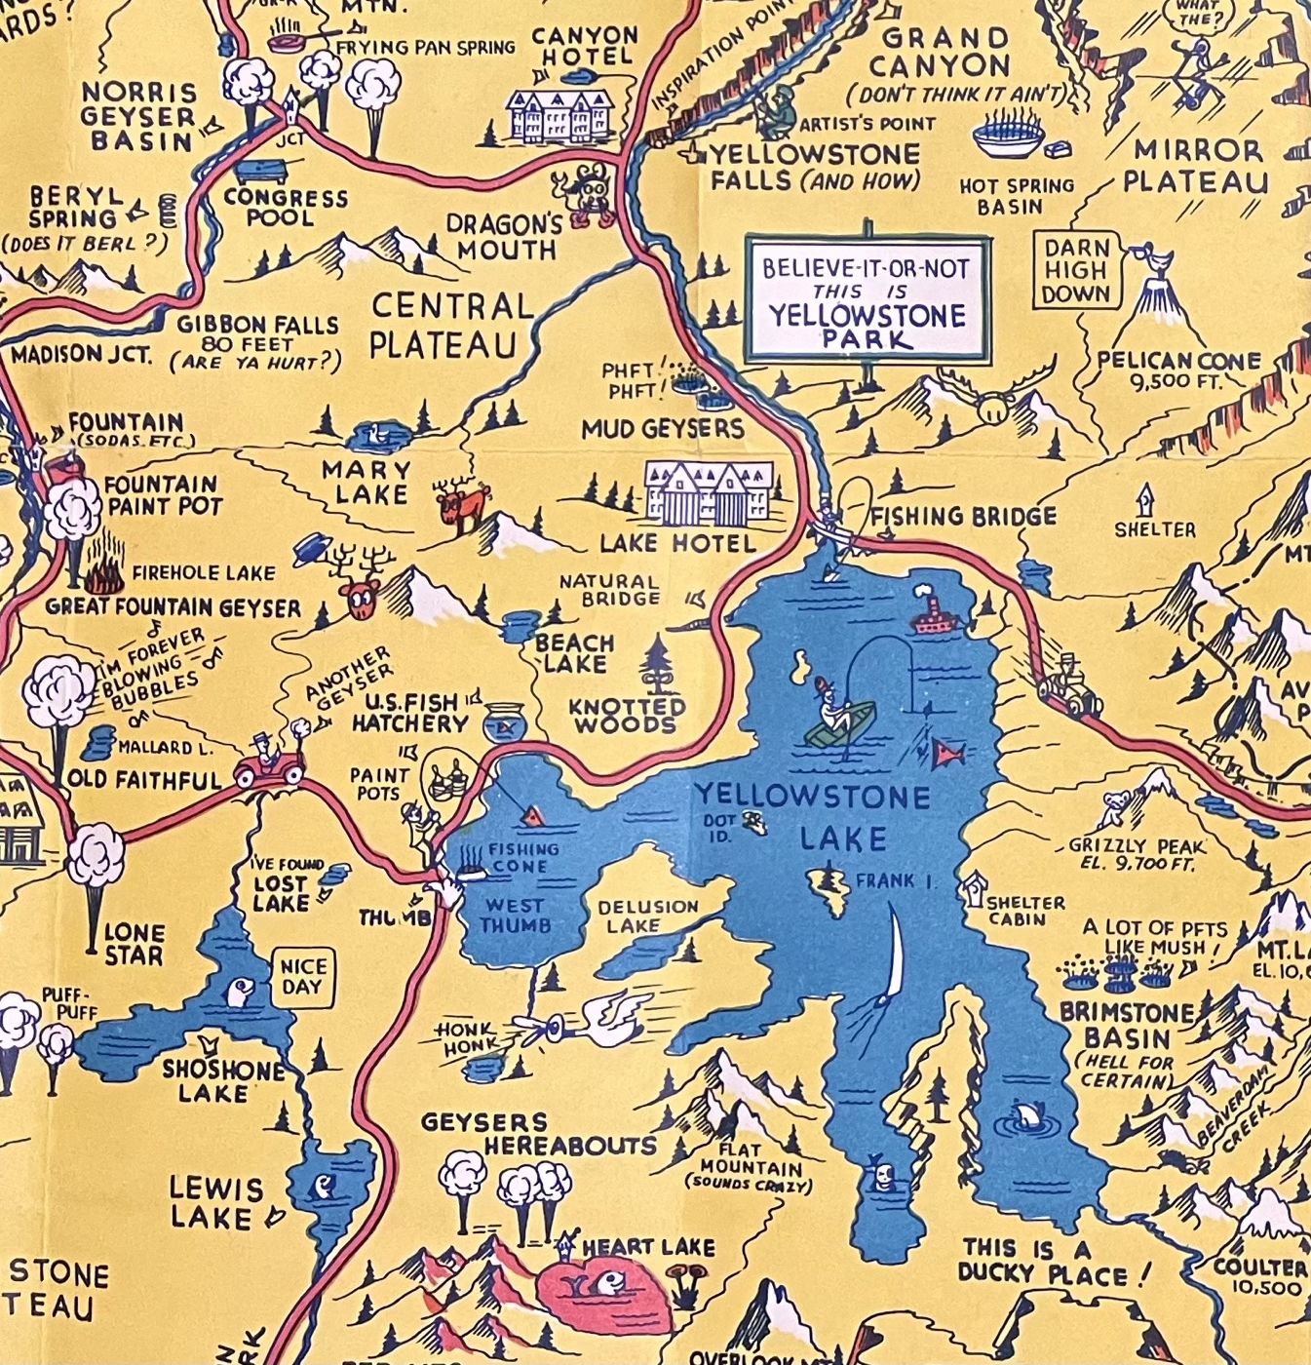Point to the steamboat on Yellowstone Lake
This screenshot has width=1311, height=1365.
933,614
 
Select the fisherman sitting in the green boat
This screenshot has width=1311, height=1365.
835,719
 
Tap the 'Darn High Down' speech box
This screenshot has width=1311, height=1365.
1076,270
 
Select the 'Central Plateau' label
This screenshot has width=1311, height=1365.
450,325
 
